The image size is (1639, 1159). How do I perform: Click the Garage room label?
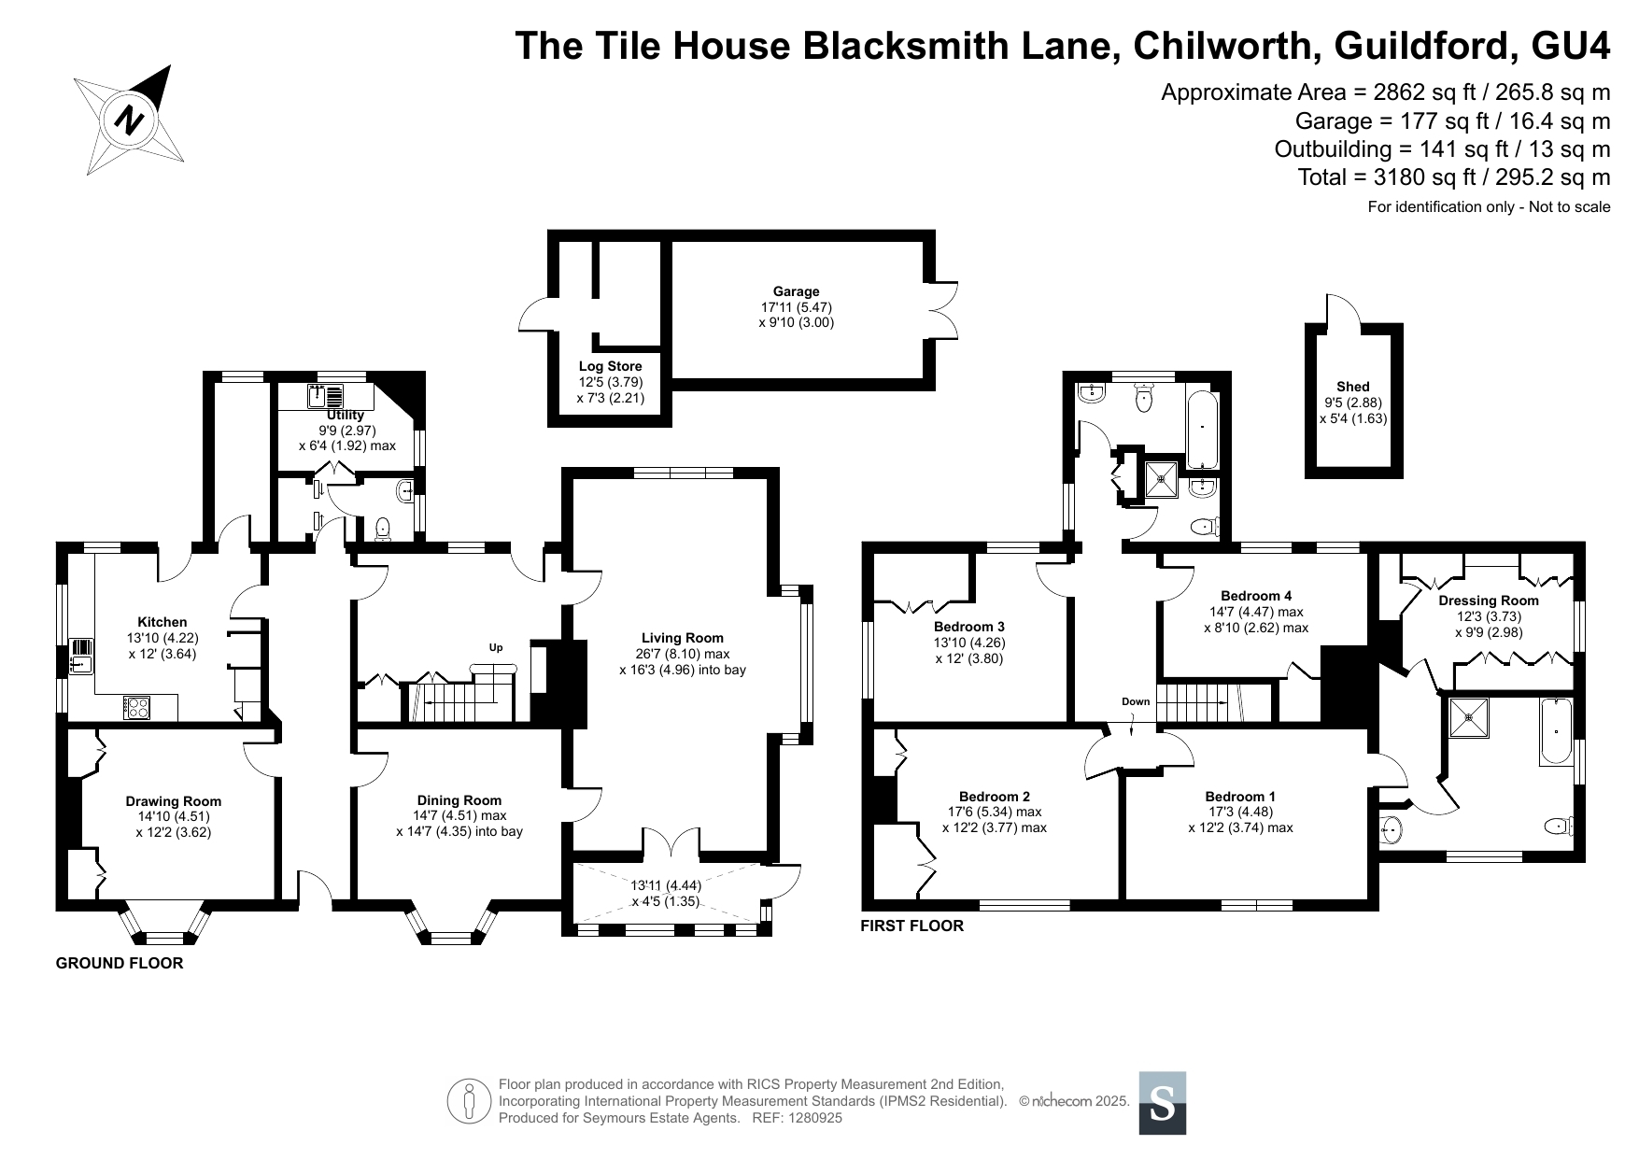(x=796, y=291)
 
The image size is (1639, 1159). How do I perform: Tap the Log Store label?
(x=611, y=366)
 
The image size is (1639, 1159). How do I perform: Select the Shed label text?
(x=1353, y=387)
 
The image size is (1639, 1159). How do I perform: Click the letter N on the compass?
(x=130, y=120)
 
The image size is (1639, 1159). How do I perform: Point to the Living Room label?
(x=683, y=638)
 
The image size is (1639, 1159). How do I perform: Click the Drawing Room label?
(x=174, y=800)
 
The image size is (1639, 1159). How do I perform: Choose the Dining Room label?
(x=459, y=799)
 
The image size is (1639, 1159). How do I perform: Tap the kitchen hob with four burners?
(x=136, y=708)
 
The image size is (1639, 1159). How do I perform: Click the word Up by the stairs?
(x=496, y=647)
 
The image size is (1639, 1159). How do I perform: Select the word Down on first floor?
(x=1136, y=701)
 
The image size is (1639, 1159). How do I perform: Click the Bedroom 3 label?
(x=969, y=627)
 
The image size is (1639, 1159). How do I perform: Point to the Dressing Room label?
(x=1489, y=601)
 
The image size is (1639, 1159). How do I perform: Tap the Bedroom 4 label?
(x=1256, y=596)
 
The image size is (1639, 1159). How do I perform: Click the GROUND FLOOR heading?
(x=120, y=963)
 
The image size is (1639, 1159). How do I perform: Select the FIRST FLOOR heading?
(x=912, y=926)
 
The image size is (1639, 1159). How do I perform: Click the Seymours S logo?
(x=1163, y=1103)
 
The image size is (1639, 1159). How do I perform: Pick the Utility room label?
(x=346, y=415)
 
